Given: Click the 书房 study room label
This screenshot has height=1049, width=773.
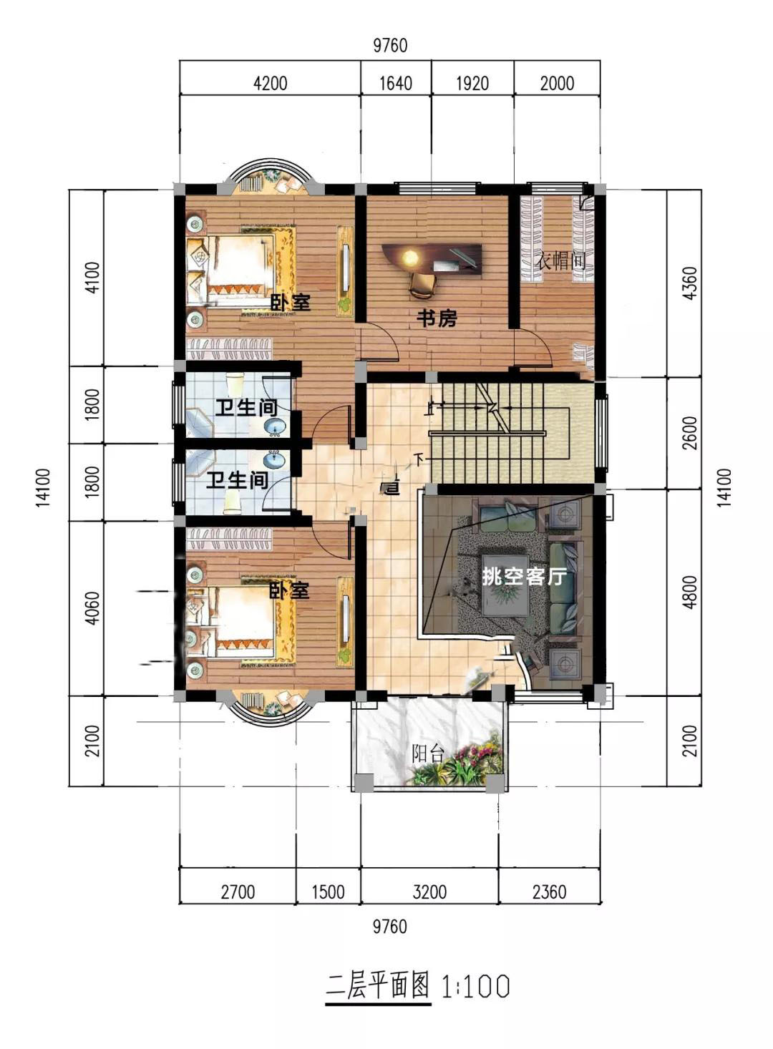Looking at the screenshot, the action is click(x=437, y=319).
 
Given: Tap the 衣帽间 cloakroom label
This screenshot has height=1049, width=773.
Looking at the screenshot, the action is click(x=560, y=260).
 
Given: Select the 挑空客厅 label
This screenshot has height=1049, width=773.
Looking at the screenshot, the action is click(x=524, y=577).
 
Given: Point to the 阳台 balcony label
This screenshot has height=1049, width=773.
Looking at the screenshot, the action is click(x=428, y=753).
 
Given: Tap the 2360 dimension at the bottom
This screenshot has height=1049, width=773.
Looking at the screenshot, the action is click(x=549, y=892).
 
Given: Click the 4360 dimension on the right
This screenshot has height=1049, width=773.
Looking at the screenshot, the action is click(x=689, y=283).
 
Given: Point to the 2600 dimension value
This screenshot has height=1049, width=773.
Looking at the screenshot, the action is click(x=689, y=433).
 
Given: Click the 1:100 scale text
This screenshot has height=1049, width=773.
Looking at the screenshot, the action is click(x=475, y=986).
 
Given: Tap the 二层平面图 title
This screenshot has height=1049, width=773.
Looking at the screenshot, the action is click(x=378, y=985).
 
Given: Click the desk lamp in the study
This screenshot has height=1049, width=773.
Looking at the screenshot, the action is click(x=410, y=257).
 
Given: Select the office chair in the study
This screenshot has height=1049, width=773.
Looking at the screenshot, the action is click(x=423, y=285).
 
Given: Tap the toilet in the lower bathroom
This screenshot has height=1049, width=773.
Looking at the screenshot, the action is click(x=233, y=505).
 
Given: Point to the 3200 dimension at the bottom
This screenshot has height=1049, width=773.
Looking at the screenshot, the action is click(x=429, y=892).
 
